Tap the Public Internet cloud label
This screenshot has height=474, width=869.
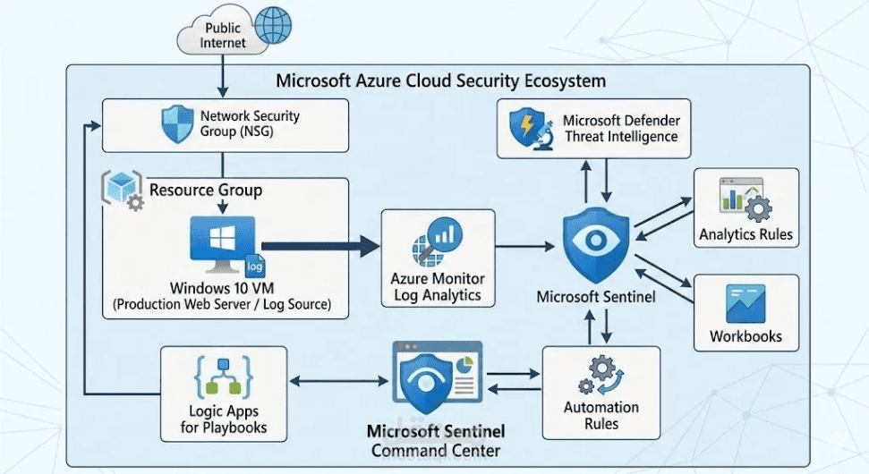(x=223, y=36)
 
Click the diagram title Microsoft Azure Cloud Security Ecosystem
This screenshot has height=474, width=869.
(x=440, y=80)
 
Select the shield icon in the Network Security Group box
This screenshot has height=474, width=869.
(x=175, y=125)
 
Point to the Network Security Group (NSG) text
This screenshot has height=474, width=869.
(x=250, y=125)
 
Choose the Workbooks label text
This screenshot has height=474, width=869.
(x=745, y=336)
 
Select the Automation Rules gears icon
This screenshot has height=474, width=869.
(x=600, y=375)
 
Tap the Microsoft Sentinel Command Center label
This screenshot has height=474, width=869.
(x=436, y=442)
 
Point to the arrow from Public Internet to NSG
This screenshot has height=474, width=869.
(x=222, y=79)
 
